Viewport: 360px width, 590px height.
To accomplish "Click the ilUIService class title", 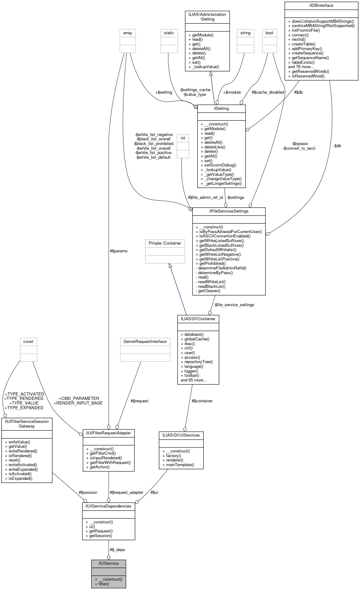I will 108,563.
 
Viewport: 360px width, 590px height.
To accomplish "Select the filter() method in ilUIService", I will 104,584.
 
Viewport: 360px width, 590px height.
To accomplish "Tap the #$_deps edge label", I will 117,550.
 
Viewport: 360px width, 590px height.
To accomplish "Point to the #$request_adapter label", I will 126,492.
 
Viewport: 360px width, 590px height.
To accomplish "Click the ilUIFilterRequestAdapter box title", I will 108,433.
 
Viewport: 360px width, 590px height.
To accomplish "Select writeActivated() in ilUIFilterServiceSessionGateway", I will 23,465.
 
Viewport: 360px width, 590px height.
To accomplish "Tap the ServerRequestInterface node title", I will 145,341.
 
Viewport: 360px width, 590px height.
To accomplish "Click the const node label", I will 28,341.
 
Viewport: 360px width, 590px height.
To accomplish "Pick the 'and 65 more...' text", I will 194,380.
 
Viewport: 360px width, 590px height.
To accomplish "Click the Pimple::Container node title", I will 165,243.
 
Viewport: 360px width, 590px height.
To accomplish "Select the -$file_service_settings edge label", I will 234,305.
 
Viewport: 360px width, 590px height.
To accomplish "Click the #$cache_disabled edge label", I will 268,92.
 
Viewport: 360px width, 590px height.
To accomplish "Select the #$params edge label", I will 119,251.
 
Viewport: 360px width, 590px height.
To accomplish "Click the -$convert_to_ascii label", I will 299,148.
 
